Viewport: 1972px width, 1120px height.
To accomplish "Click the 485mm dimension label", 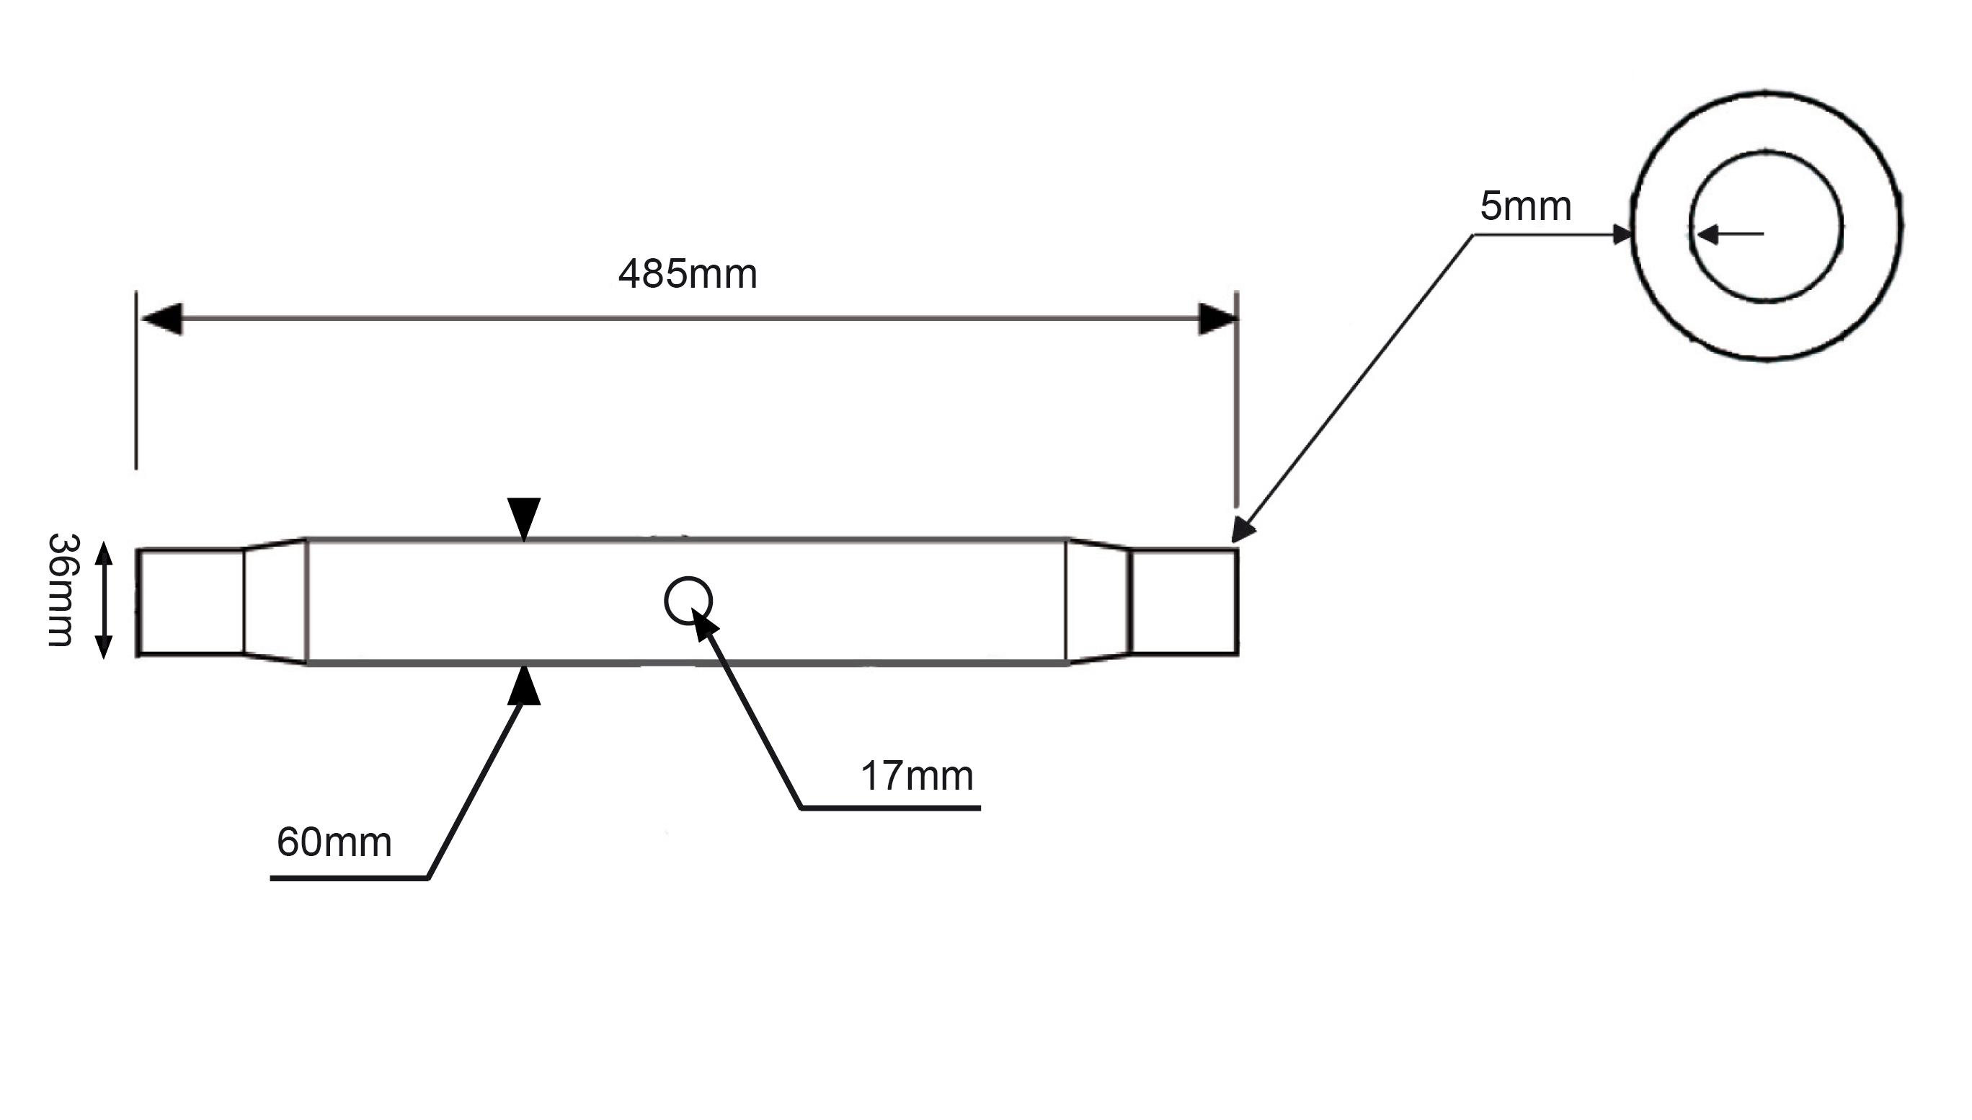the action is pyautogui.click(x=688, y=274).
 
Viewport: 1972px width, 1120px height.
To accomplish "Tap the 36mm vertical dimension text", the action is pyautogui.click(x=61, y=589).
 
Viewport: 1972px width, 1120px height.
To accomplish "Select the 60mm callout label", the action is pyautogui.click(x=334, y=842).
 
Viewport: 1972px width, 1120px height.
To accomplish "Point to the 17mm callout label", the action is pyautogui.click(x=916, y=775).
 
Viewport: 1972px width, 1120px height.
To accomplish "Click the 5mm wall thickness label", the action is pyautogui.click(x=1525, y=206).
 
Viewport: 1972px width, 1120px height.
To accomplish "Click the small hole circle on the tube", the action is pyautogui.click(x=688, y=601).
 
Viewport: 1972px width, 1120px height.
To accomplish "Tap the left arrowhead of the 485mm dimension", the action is pyautogui.click(x=161, y=319).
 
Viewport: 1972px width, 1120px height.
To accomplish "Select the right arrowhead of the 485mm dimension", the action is pyautogui.click(x=1218, y=319).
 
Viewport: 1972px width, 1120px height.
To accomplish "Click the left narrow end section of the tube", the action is pyautogui.click(x=191, y=602).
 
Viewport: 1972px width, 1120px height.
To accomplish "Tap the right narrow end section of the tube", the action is pyautogui.click(x=1183, y=601).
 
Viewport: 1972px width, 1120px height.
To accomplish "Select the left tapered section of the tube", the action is pyautogui.click(x=275, y=601).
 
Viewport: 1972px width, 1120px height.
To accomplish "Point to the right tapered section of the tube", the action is pyautogui.click(x=1098, y=601).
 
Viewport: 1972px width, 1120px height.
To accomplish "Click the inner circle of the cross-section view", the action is pyautogui.click(x=1766, y=151).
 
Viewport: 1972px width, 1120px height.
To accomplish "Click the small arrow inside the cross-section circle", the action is pyautogui.click(x=1730, y=234).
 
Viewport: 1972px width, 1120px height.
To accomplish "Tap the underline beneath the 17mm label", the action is pyautogui.click(x=890, y=808).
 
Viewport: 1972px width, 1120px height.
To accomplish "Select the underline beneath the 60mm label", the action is pyautogui.click(x=349, y=878).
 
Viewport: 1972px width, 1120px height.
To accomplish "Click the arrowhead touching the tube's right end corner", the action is pyautogui.click(x=1243, y=531).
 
